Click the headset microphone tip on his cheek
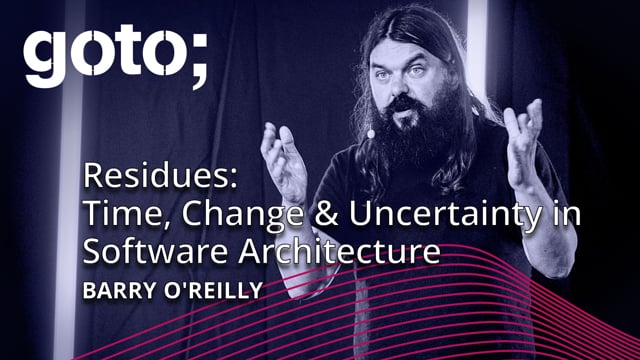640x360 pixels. (369, 131)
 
